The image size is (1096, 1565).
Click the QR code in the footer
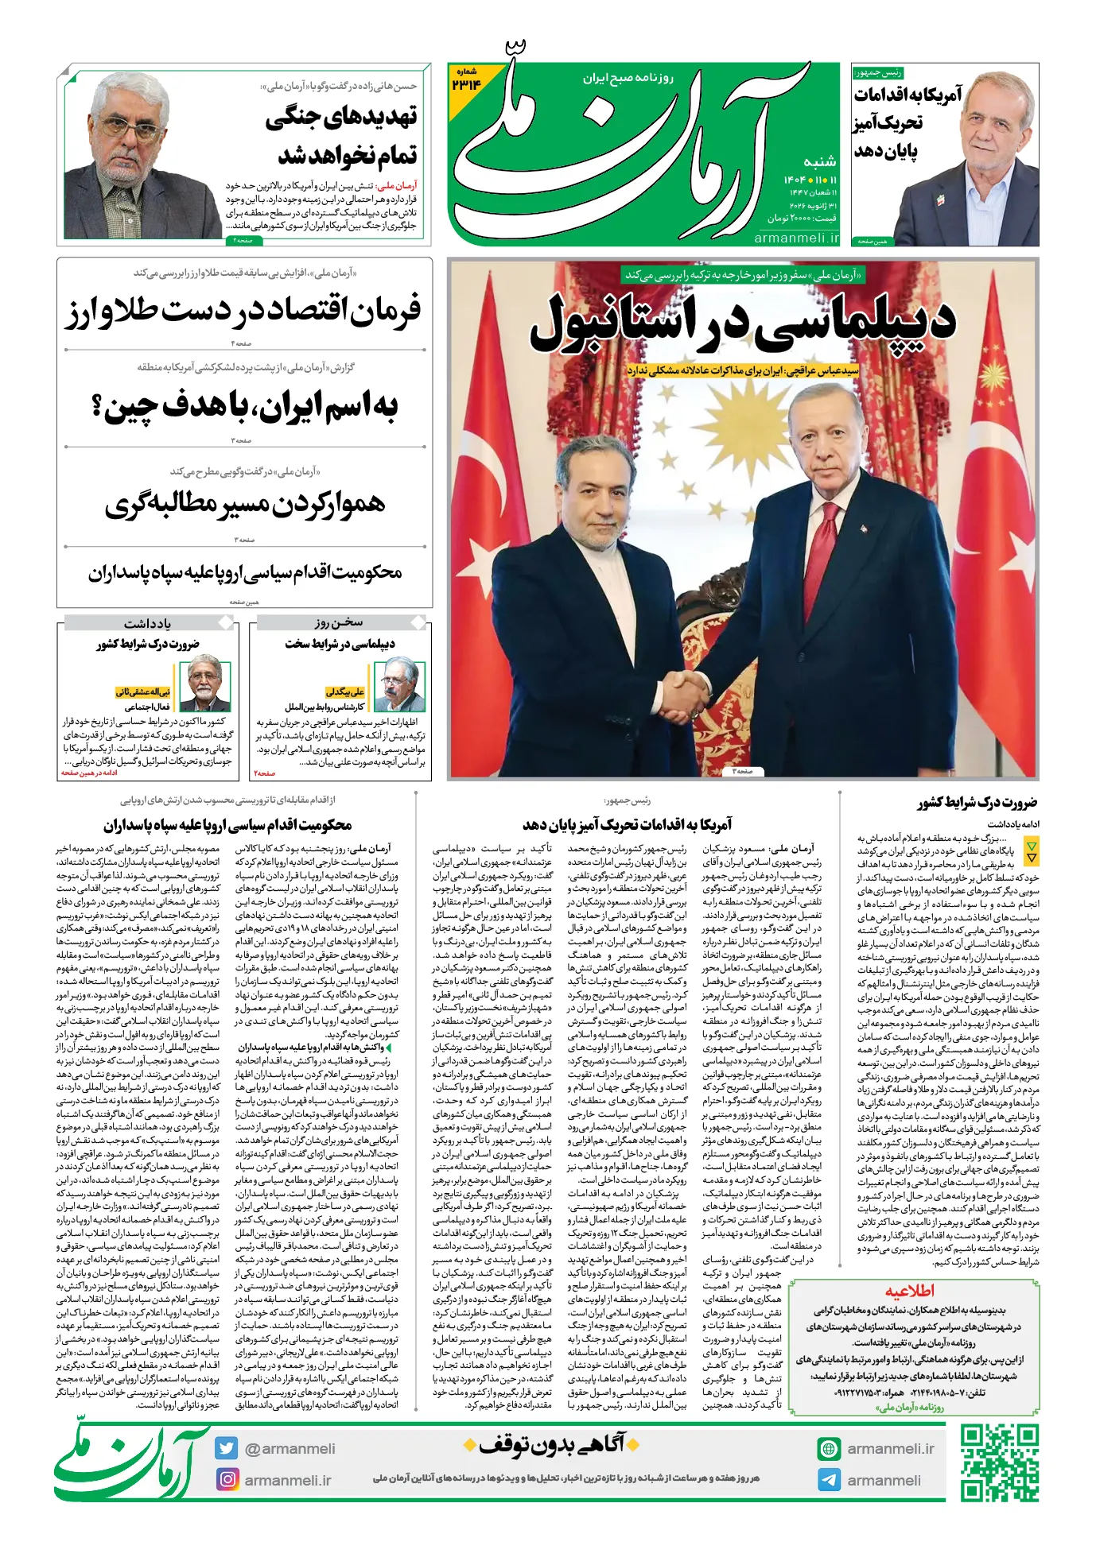click(x=999, y=1463)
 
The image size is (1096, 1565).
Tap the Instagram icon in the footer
click(x=227, y=1479)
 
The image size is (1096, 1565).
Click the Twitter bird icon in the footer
click(x=227, y=1448)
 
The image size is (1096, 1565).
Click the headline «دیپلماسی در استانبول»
click(x=742, y=322)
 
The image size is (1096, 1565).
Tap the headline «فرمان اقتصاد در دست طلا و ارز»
click(x=243, y=311)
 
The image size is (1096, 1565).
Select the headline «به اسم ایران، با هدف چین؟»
click(x=244, y=407)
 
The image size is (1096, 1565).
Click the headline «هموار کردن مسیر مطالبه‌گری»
click(x=245, y=505)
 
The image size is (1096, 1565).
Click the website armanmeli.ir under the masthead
click(x=796, y=238)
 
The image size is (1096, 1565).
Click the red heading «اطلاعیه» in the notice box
click(x=910, y=1291)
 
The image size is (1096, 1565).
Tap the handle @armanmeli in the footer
click(x=290, y=1448)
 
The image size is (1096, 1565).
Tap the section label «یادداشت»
click(x=147, y=622)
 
